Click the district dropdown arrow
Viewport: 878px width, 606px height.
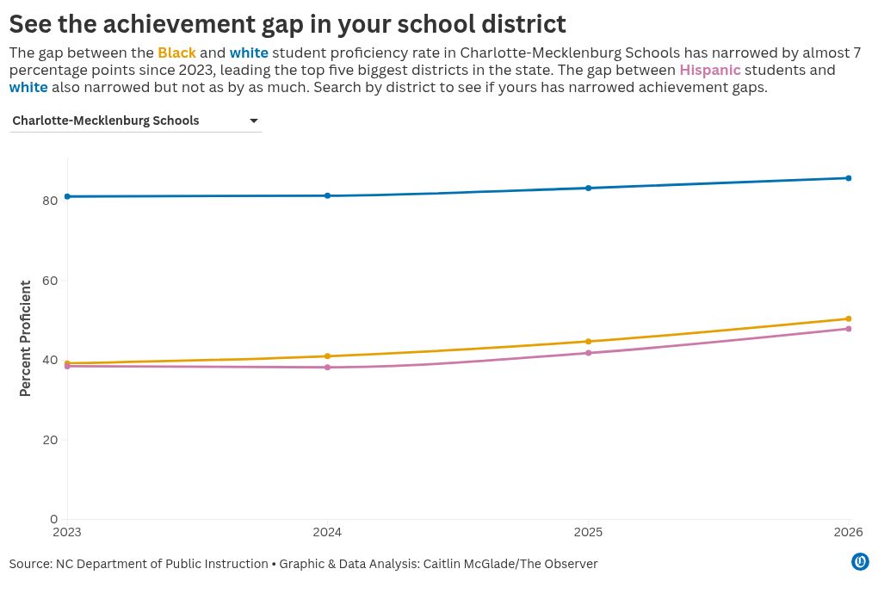tap(254, 121)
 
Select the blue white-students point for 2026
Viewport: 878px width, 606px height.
tap(849, 178)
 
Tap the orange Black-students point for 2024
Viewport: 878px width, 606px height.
tap(328, 356)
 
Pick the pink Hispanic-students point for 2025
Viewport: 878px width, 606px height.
tap(588, 353)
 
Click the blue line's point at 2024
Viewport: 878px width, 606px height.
tap(328, 195)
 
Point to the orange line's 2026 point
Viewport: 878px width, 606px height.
tap(849, 318)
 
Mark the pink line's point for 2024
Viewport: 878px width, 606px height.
tap(328, 368)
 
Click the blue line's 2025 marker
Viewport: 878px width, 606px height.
tap(588, 189)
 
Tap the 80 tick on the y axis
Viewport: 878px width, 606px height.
tap(50, 201)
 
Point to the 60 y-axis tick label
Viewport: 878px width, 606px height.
tap(50, 281)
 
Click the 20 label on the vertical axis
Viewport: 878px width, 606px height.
tap(50, 440)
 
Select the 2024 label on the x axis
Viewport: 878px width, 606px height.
tap(327, 532)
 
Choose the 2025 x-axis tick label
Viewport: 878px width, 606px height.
tap(588, 532)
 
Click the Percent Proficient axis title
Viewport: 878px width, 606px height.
tap(25, 339)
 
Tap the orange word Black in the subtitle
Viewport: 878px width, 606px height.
tap(177, 53)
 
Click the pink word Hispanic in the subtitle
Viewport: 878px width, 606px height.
tap(710, 70)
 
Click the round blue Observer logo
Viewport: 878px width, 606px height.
tap(860, 561)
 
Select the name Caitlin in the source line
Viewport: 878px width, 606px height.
tap(442, 564)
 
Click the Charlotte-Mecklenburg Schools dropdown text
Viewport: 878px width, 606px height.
tap(106, 121)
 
